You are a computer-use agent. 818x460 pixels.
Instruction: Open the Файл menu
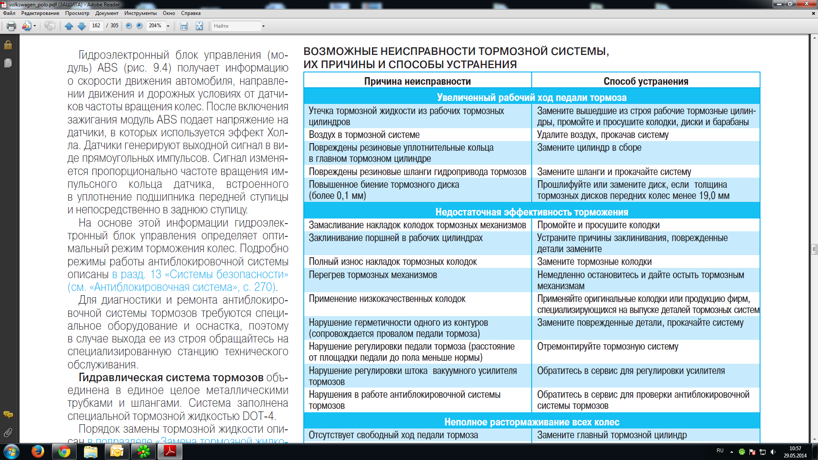[9, 13]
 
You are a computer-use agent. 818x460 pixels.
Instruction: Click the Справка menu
[190, 13]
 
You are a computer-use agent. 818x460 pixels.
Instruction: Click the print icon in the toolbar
[12, 26]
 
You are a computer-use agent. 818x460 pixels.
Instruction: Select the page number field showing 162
[96, 26]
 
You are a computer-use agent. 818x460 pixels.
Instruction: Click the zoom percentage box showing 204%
[155, 26]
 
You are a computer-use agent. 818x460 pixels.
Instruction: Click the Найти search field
[236, 26]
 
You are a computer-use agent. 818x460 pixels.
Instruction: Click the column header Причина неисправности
[417, 81]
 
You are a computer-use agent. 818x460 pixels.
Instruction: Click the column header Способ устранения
[645, 81]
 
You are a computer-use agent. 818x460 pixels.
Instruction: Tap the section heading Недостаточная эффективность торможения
[531, 212]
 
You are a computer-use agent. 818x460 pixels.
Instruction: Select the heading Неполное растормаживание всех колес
[531, 422]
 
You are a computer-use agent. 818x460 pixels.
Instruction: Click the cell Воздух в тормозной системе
[364, 135]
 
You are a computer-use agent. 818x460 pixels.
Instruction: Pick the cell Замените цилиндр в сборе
[589, 148]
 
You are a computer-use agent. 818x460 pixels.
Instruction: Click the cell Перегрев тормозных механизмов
[373, 275]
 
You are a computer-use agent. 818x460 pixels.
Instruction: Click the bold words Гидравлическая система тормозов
[171, 378]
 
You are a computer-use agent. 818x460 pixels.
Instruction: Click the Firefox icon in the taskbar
[38, 451]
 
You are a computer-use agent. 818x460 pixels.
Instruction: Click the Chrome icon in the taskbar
[64, 451]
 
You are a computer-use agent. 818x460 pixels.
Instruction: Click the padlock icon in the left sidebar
[8, 45]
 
